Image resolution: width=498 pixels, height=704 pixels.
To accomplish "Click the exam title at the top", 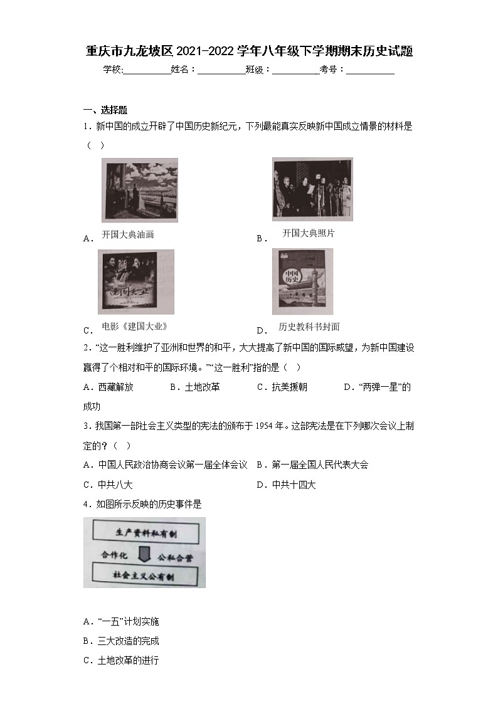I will pyautogui.click(x=249, y=51).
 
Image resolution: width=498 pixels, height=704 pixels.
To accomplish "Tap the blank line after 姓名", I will pyautogui.click(x=221, y=71).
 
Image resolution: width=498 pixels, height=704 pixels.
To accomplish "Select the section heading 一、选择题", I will pyautogui.click(x=105, y=110).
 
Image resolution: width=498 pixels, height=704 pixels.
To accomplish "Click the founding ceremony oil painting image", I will pyautogui.click(x=139, y=190).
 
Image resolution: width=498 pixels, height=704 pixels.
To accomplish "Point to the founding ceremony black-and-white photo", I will pyautogui.click(x=312, y=189).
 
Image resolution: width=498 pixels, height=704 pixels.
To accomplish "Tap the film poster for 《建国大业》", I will pyautogui.click(x=135, y=281).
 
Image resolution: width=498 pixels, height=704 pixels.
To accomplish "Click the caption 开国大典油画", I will pyautogui.click(x=128, y=234).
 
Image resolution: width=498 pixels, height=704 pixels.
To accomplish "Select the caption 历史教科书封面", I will pyautogui.click(x=309, y=327).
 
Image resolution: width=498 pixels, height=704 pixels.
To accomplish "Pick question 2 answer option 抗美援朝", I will pyautogui.click(x=283, y=387).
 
